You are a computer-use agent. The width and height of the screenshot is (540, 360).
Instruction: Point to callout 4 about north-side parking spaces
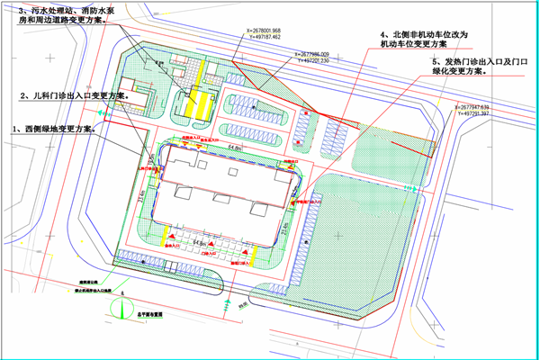pos(424,37)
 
